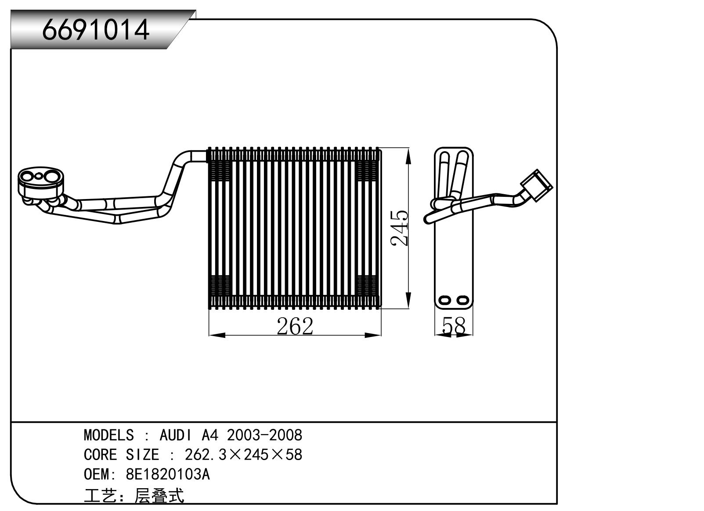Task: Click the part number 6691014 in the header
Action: [x=96, y=29]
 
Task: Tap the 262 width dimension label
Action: [x=295, y=326]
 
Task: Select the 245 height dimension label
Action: [x=400, y=228]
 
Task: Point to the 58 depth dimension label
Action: [x=454, y=326]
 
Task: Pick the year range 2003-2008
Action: [x=264, y=435]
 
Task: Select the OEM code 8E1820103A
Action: [x=168, y=475]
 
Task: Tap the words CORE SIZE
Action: [x=121, y=454]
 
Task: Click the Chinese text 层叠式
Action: [x=159, y=496]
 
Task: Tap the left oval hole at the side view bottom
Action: [x=445, y=300]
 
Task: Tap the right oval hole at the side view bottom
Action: [x=462, y=300]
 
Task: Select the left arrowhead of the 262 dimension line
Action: [x=215, y=335]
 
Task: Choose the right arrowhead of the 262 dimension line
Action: [x=374, y=335]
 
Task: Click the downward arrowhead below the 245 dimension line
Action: [x=409, y=303]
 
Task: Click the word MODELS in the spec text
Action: [x=108, y=435]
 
